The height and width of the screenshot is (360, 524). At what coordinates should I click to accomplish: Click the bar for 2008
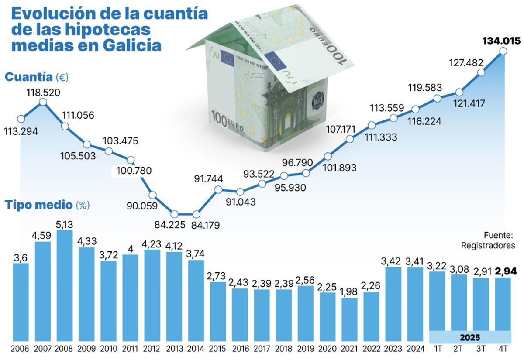[x=65, y=286]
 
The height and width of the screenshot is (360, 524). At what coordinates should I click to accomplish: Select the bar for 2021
[x=349, y=319]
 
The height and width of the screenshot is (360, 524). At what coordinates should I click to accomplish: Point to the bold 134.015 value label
[x=501, y=41]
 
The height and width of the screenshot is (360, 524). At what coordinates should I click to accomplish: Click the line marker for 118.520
[x=43, y=102]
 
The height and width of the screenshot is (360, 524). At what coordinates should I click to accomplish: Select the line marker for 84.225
[x=174, y=214]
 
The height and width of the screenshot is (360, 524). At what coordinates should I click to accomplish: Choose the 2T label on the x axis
[x=458, y=349]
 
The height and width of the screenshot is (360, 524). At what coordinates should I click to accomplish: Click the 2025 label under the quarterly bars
[x=470, y=337]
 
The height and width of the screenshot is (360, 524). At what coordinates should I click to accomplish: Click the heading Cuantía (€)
[x=37, y=77]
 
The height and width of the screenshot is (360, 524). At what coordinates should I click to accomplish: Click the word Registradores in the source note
[x=488, y=246]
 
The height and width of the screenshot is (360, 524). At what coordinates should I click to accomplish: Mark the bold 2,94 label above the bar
[x=502, y=271]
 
